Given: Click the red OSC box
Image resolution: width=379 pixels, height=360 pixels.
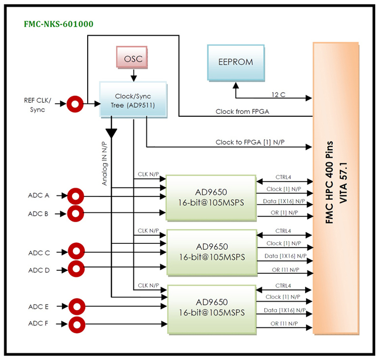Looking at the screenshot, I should pos(133,59).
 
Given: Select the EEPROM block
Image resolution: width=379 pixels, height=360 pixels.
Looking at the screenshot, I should pos(235,62).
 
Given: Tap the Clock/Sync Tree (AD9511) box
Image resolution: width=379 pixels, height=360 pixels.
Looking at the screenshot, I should pos(133,99).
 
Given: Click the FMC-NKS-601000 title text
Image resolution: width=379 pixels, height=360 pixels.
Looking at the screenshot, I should pos(59,24).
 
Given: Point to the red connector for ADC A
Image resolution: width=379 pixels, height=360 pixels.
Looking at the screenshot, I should pos(75,196).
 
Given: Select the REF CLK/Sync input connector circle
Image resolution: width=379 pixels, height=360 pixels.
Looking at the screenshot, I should pos(75,104).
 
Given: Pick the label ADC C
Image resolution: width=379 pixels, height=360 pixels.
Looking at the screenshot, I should pos(39,253).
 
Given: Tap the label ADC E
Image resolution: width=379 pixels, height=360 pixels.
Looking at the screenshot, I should pos(39,307).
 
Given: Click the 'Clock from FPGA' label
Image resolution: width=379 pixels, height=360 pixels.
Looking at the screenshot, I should pos(242,112).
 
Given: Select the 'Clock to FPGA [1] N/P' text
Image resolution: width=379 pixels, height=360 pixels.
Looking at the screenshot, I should pos(250,142).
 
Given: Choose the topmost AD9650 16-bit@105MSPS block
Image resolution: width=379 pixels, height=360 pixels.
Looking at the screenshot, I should pos(211,196).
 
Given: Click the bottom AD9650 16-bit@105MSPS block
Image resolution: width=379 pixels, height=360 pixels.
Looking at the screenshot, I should pos(211,308).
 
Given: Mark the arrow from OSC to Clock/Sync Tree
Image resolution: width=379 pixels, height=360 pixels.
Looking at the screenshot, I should pos(133,75).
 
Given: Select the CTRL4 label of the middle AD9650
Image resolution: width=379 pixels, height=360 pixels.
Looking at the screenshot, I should pos(283,230).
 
